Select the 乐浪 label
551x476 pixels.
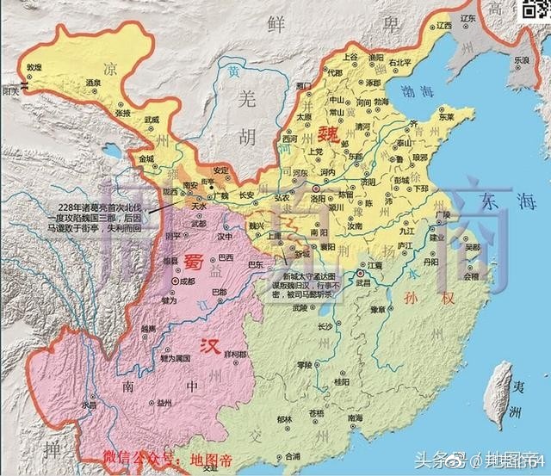click(x=521, y=61)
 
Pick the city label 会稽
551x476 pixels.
click(x=471, y=277)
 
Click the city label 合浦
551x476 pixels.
click(x=293, y=456)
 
